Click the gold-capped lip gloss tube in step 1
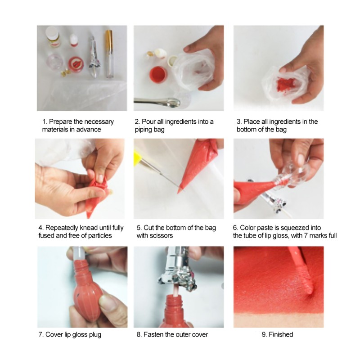(x=109, y=54)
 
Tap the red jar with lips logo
(x=76, y=64)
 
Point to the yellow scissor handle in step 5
(x=138, y=156)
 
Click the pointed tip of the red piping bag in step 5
(x=179, y=192)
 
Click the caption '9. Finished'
(x=277, y=334)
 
